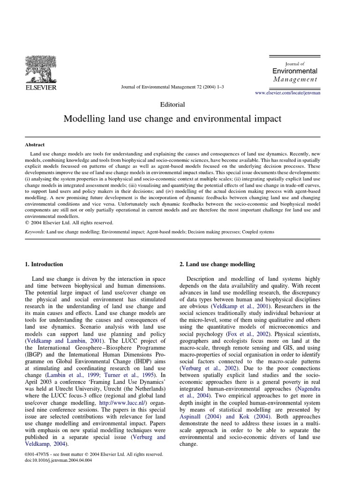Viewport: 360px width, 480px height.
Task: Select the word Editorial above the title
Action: tap(172, 105)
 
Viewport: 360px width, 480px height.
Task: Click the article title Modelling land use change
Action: tap(172, 119)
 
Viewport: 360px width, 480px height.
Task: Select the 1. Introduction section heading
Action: tap(44, 264)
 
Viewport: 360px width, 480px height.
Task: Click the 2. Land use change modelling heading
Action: tap(217, 264)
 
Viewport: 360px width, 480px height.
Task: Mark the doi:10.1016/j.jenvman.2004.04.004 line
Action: tap(56, 460)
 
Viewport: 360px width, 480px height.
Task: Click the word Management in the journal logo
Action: tap(295, 79)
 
